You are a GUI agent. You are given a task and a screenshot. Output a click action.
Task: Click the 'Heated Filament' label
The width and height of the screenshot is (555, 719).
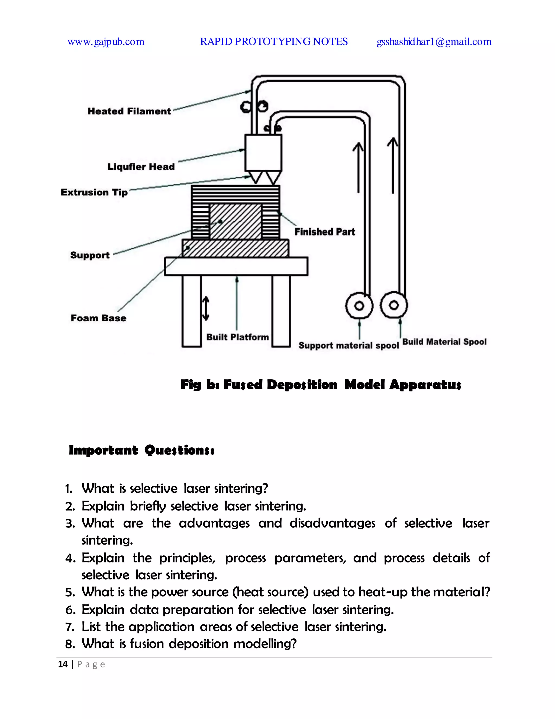[129, 111]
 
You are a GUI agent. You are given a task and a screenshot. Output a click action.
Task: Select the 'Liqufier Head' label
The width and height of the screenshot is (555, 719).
[141, 167]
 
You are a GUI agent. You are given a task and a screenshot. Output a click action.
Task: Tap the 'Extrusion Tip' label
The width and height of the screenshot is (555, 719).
[94, 192]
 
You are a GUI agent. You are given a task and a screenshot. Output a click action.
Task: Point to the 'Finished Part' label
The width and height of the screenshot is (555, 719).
[324, 232]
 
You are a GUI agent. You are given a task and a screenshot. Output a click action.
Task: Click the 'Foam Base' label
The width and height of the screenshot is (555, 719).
[98, 318]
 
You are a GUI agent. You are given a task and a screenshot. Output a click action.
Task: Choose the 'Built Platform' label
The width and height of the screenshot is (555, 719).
[237, 337]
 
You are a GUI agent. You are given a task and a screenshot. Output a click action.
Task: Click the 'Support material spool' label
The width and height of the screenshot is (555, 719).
[349, 345]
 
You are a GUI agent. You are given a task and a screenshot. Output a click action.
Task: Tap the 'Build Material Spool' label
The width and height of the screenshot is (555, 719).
[444, 342]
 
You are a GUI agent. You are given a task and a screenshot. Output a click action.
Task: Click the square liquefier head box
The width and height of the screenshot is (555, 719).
[263, 152]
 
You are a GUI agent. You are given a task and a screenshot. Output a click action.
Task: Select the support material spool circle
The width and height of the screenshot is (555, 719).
[359, 306]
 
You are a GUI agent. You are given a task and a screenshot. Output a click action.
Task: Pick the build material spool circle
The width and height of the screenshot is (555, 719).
[393, 305]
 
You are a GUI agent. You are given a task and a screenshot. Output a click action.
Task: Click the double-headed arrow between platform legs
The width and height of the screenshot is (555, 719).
[205, 308]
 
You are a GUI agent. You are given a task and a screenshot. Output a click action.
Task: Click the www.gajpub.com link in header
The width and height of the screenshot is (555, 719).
[106, 42]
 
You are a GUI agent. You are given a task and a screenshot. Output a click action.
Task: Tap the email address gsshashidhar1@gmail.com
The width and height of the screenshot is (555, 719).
[434, 42]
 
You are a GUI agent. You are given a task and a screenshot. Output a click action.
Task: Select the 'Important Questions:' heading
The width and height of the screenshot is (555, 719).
[142, 450]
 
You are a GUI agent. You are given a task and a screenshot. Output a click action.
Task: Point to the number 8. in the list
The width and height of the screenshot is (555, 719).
[70, 644]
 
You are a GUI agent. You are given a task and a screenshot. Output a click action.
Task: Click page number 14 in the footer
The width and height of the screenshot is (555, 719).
[63, 664]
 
